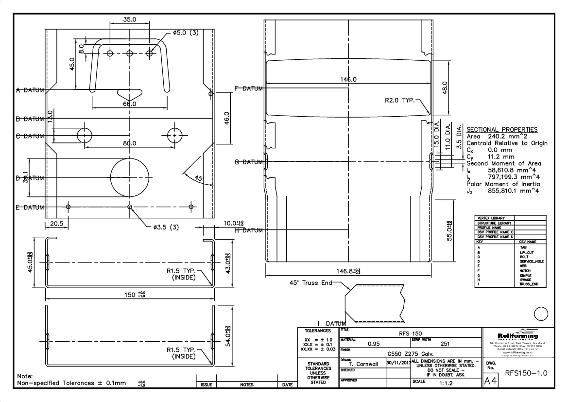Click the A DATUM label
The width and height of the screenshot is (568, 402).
pos(30,90)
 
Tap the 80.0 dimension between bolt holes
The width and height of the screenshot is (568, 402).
pos(130,143)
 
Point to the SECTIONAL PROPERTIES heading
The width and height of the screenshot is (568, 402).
pos(502,129)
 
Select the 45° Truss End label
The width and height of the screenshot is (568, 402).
pos(308,283)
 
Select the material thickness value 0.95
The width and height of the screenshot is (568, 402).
pos(374,344)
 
